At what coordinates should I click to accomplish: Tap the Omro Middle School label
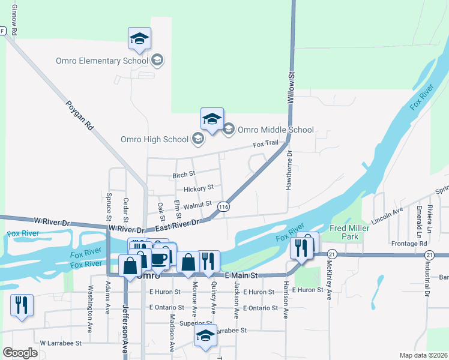point(276,130)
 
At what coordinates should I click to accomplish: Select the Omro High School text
point(155,140)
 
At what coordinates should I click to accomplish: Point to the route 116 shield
point(224,207)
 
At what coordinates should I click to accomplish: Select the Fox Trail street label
point(265,144)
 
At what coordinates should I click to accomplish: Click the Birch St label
point(184,175)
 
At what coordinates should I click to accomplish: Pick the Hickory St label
point(198,189)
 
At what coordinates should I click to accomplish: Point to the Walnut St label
point(197,205)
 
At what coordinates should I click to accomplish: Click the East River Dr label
point(177,225)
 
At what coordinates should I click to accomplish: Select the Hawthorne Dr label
point(289,170)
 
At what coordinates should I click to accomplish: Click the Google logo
point(20,353)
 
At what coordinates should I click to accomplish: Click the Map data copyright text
point(423,355)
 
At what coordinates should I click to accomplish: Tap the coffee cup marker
point(160,259)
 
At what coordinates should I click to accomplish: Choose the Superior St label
point(192,323)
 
